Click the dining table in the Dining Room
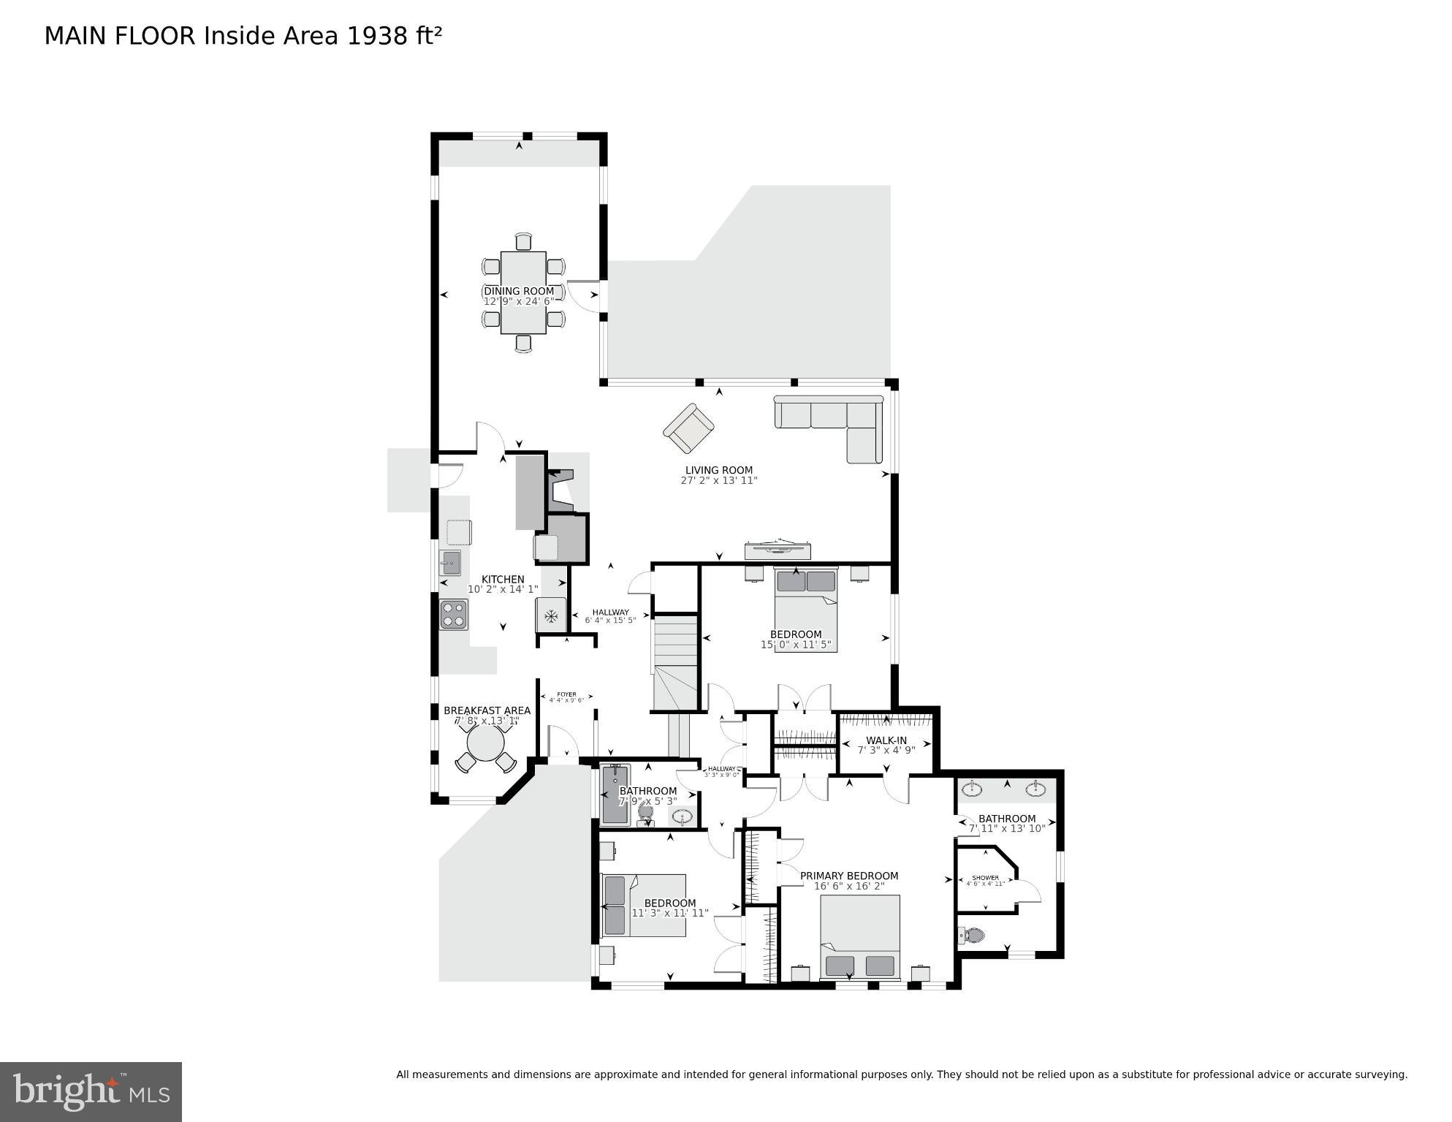pyautogui.click(x=523, y=292)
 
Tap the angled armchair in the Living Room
pyautogui.click(x=688, y=429)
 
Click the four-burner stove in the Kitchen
pyautogui.click(x=453, y=614)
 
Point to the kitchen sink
pyautogui.click(x=450, y=563)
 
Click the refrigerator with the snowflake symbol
pyautogui.click(x=551, y=615)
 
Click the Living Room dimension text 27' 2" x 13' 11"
pyautogui.click(x=718, y=480)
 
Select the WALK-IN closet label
pyautogui.click(x=886, y=740)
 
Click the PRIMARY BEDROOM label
pyautogui.click(x=848, y=876)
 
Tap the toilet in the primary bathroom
pyautogui.click(x=972, y=935)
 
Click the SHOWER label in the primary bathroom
pyautogui.click(x=985, y=878)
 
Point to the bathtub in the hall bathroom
pyautogui.click(x=615, y=795)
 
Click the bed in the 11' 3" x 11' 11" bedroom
pyautogui.click(x=643, y=905)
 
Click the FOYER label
pyautogui.click(x=566, y=694)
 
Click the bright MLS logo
pyautogui.click(x=91, y=1091)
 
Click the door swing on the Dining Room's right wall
pyautogui.click(x=585, y=294)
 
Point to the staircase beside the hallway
pyautogui.click(x=675, y=662)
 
